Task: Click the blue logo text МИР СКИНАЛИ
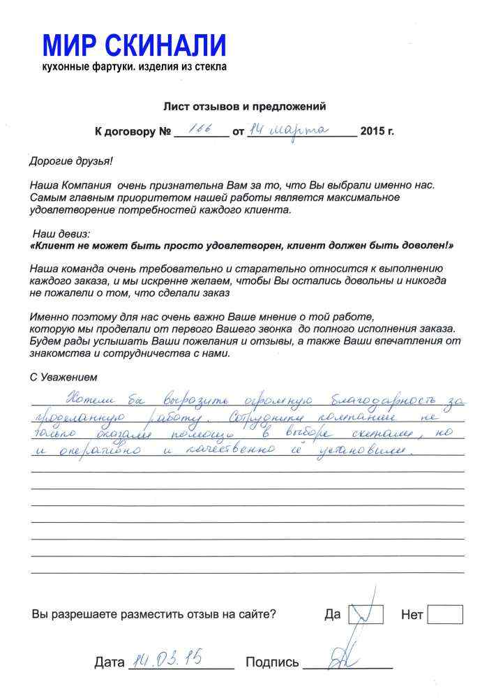click(x=134, y=46)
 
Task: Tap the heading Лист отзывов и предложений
click(x=244, y=107)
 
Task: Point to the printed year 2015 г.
click(x=377, y=131)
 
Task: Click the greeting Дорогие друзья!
click(x=70, y=161)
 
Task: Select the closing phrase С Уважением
click(x=63, y=377)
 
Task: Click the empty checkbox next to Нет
click(x=444, y=614)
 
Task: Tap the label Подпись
click(x=272, y=662)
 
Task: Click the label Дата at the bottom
click(x=109, y=662)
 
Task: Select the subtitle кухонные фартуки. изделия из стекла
click(x=134, y=67)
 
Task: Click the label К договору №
click(x=133, y=131)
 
